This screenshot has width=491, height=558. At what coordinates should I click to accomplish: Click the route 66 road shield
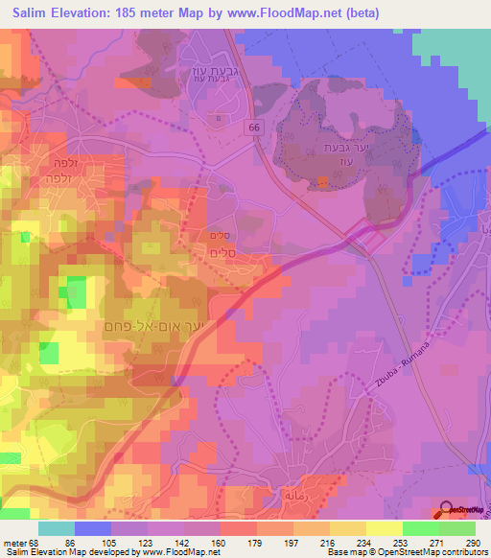pyautogui.click(x=252, y=127)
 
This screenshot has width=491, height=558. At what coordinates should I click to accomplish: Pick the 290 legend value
pyautogui.click(x=471, y=543)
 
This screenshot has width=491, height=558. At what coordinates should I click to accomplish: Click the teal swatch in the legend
pyautogui.click(x=57, y=528)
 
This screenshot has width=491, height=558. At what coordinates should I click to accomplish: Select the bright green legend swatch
pyautogui.click(x=420, y=528)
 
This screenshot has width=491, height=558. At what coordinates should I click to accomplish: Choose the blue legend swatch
pyautogui.click(x=93, y=528)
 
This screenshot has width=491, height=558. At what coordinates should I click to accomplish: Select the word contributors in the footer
pyautogui.click(x=464, y=553)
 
